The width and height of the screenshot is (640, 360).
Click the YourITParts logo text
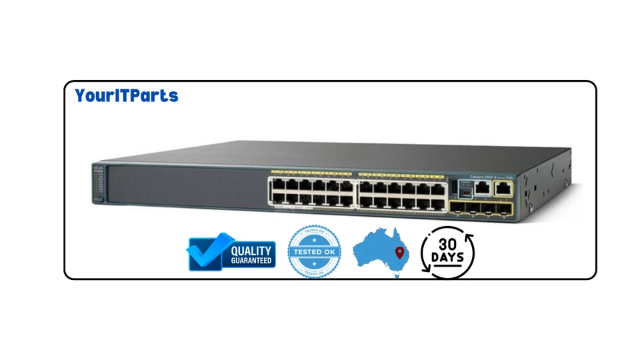coord(127,96)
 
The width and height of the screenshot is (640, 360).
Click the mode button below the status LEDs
coord(99,201)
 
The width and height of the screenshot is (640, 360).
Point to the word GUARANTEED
coord(251,261)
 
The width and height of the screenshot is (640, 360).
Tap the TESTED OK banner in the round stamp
coord(314,252)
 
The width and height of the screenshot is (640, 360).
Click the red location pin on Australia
coord(399,253)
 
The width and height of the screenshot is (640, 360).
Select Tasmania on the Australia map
coord(399,274)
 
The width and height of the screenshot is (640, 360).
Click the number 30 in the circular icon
coord(448,244)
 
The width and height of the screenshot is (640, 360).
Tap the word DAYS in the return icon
coord(447,257)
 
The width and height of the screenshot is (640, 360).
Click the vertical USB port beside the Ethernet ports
coord(455,188)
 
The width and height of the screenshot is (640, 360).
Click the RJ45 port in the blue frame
coord(481,188)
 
